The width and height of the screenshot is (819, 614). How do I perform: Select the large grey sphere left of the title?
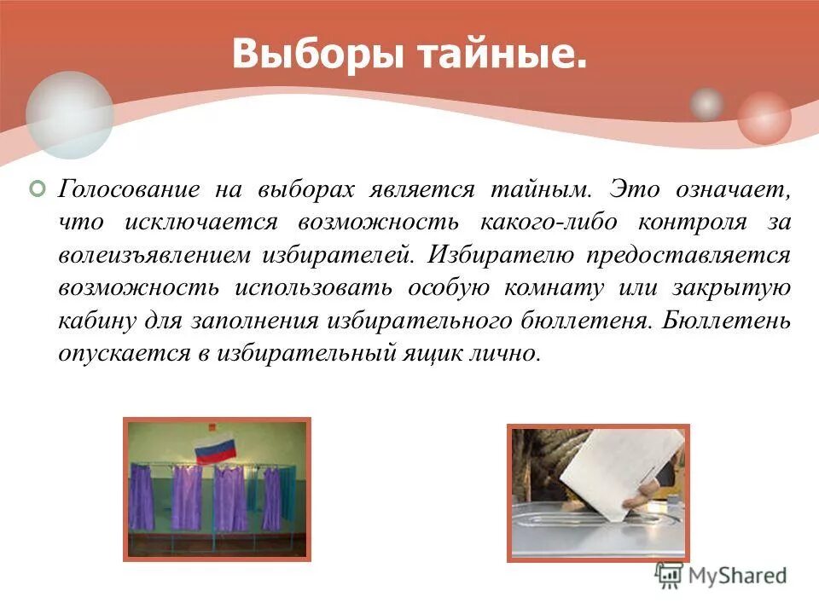click(69, 115)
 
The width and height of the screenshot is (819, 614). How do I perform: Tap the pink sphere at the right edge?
click(764, 118)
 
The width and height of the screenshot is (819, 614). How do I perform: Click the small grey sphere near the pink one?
click(706, 104)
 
